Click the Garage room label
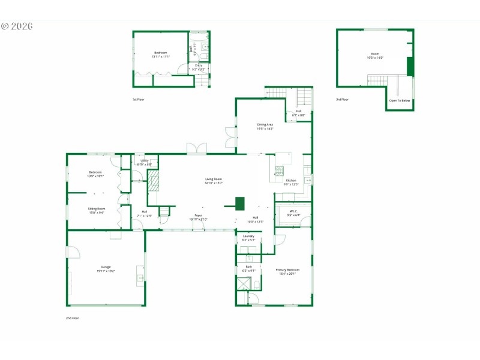[106, 268]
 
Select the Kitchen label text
[291, 181]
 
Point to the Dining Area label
[265, 126]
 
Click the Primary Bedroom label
[287, 271]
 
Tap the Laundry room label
[248, 237]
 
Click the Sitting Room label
[97, 210]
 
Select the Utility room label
[145, 161]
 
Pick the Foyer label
[198, 217]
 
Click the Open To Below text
[400, 100]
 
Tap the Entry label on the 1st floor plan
[199, 67]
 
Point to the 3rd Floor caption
[342, 100]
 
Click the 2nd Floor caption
[72, 318]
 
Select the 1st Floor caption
[139, 100]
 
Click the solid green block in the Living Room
[240, 203]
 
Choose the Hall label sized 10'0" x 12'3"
[256, 219]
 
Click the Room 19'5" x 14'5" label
[375, 56]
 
